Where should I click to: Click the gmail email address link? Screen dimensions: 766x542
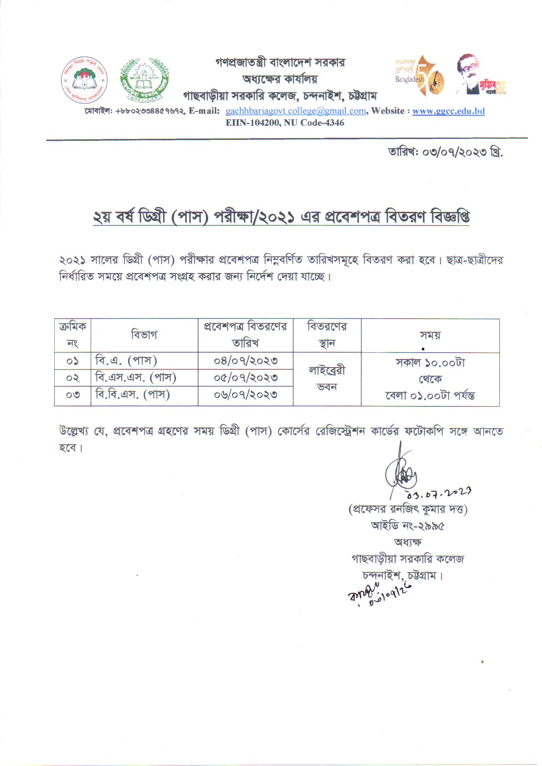pyautogui.click(x=295, y=111)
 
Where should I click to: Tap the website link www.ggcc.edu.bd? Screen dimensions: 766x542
pyautogui.click(x=448, y=111)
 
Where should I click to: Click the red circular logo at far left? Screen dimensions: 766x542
pyautogui.click(x=84, y=80)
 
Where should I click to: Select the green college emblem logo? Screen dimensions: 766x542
pyautogui.click(x=144, y=80)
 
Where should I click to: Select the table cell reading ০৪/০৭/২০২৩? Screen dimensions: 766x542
pyautogui.click(x=246, y=361)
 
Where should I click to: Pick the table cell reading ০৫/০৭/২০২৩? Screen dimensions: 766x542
pyautogui.click(x=246, y=378)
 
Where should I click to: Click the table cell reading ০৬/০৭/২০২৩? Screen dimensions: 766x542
pyautogui.click(x=246, y=395)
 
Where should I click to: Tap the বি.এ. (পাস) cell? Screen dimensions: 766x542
pyautogui.click(x=126, y=361)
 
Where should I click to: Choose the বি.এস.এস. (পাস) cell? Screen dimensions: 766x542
pyautogui.click(x=135, y=378)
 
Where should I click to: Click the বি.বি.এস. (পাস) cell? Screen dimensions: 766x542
pyautogui.click(x=132, y=395)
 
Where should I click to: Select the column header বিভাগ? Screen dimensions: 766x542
pyautogui.click(x=144, y=335)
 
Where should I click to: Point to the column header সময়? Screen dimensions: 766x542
pyautogui.click(x=430, y=335)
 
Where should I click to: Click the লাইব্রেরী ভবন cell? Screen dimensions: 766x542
pyautogui.click(x=327, y=379)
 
